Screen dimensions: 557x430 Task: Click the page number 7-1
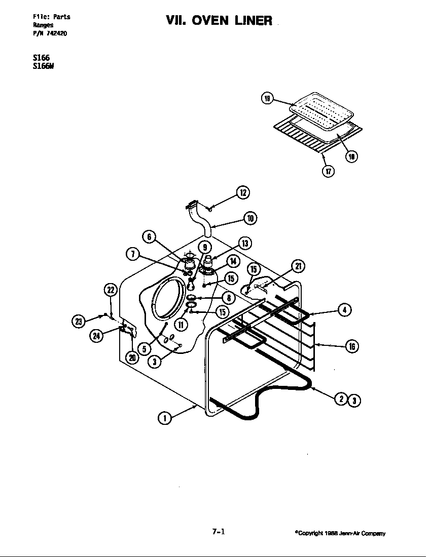click(x=219, y=532)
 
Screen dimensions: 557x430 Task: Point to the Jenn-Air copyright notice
click(x=340, y=533)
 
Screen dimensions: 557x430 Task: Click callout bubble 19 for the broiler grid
click(x=267, y=98)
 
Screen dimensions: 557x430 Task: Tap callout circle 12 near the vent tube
click(x=243, y=193)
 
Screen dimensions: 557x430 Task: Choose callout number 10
click(x=250, y=219)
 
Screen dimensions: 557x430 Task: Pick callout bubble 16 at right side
click(x=351, y=346)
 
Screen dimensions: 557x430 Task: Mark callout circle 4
click(x=344, y=310)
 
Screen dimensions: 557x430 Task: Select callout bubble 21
click(x=298, y=267)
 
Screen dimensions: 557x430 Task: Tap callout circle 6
click(x=150, y=237)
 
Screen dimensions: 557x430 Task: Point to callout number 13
click(x=244, y=244)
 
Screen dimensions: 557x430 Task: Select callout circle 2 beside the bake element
click(x=342, y=400)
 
